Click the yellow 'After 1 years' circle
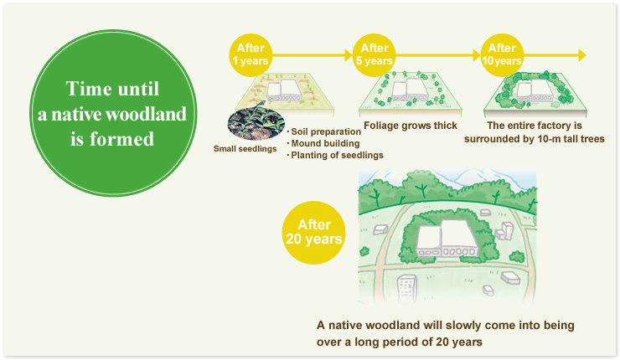point(251,55)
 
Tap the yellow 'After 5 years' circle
point(374,55)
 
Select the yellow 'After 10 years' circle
point(502,55)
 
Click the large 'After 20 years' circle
point(314,233)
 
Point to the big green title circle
point(113,113)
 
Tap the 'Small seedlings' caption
point(245,149)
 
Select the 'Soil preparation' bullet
point(324,131)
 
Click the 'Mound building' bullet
point(323,143)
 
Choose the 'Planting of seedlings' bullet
point(335,155)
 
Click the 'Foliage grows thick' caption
point(411,126)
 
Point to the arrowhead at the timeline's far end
point(582,55)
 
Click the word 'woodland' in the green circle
point(147,114)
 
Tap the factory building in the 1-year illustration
point(285,90)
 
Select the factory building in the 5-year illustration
point(411,90)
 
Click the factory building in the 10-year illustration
point(535,91)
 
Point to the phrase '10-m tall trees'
point(571,139)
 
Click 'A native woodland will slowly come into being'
point(446,325)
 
